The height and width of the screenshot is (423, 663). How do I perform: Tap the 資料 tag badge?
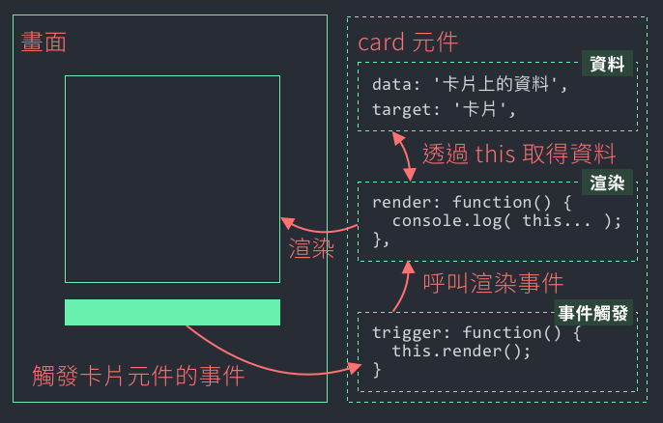click(x=606, y=65)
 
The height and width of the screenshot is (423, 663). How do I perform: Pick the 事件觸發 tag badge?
click(x=593, y=313)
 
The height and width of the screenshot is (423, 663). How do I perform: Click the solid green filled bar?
click(x=172, y=312)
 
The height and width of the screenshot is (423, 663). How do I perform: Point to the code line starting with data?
click(x=468, y=85)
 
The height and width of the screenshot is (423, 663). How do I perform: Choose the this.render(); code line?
click(x=461, y=352)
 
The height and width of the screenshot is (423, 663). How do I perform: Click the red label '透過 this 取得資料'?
click(x=518, y=155)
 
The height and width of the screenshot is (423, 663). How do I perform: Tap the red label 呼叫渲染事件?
click(x=493, y=283)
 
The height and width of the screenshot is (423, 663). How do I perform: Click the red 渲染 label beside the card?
click(x=311, y=248)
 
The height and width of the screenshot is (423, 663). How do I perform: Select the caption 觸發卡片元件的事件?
click(x=137, y=376)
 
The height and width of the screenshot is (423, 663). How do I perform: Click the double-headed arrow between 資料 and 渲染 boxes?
click(x=402, y=155)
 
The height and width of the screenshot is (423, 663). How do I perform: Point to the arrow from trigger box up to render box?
click(x=406, y=284)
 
